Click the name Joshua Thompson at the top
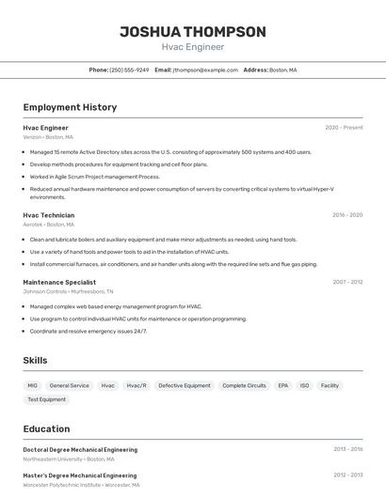[x=193, y=32]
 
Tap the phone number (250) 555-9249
[x=129, y=70]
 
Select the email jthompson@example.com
[x=204, y=70]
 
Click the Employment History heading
[x=70, y=107]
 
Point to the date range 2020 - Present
[x=344, y=128]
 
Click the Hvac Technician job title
[x=49, y=215]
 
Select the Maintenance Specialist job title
[x=59, y=282]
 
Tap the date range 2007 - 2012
[x=347, y=282]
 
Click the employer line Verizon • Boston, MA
[x=48, y=137]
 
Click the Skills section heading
[x=35, y=360]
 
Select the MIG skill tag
[x=33, y=385]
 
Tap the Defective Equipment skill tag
[x=185, y=385]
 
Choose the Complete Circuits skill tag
[x=244, y=385]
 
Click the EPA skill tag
[x=282, y=385]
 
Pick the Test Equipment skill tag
[x=46, y=399]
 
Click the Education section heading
[x=46, y=428]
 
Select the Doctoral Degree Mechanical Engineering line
[x=80, y=450]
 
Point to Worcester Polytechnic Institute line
[x=81, y=486]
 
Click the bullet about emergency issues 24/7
[x=88, y=332]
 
